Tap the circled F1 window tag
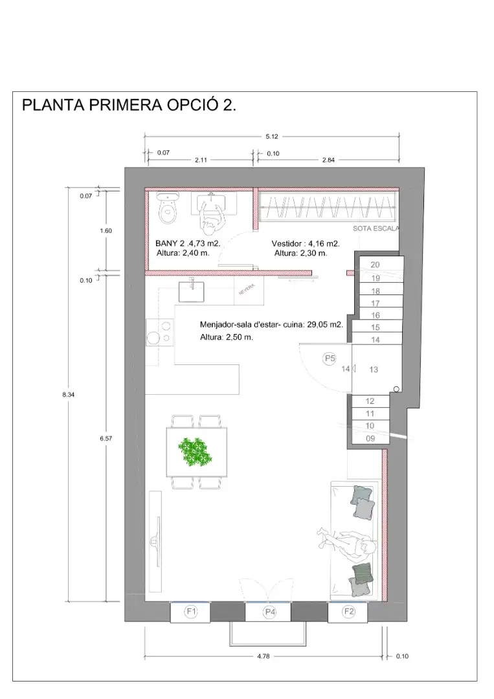coord(191,612)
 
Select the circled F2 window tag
coord(349,612)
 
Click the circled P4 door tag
coord(270,612)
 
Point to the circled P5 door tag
coord(330,359)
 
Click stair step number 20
coord(375,265)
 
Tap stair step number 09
coord(370,439)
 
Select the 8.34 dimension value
coord(68,395)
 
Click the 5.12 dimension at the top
coord(272,137)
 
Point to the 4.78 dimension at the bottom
coord(264,656)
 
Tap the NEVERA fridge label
coord(247,289)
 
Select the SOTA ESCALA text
coord(376,228)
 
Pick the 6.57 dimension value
coord(106,439)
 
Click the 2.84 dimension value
coord(329,160)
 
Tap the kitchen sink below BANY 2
coord(192,291)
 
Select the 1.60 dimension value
coord(106,231)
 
